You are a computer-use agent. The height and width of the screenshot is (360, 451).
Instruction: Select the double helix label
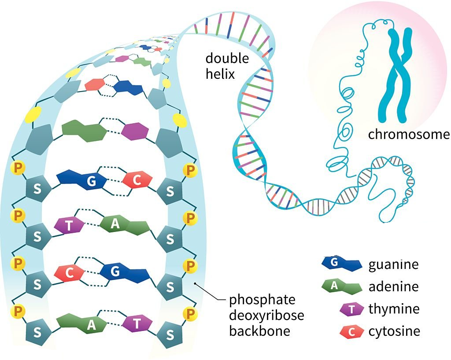tap(227, 66)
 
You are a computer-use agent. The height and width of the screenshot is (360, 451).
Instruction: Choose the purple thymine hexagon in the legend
tap(352, 309)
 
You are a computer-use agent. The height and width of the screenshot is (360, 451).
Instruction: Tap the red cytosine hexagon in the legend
tap(352, 331)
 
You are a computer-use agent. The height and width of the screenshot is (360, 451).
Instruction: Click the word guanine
tap(393, 265)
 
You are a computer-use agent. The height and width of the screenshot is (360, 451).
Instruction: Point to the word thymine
tap(394, 309)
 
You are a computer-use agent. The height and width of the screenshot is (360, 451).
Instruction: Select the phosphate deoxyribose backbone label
tap(266, 316)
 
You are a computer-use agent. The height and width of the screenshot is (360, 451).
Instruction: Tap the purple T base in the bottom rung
tap(137, 324)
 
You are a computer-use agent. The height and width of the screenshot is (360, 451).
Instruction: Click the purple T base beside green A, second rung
tap(69, 226)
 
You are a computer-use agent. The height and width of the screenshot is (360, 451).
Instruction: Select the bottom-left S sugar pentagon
tap(37, 331)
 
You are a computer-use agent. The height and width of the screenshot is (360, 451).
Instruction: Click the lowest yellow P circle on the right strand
tap(190, 314)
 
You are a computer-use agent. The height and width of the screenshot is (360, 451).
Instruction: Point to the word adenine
tap(393, 287)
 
